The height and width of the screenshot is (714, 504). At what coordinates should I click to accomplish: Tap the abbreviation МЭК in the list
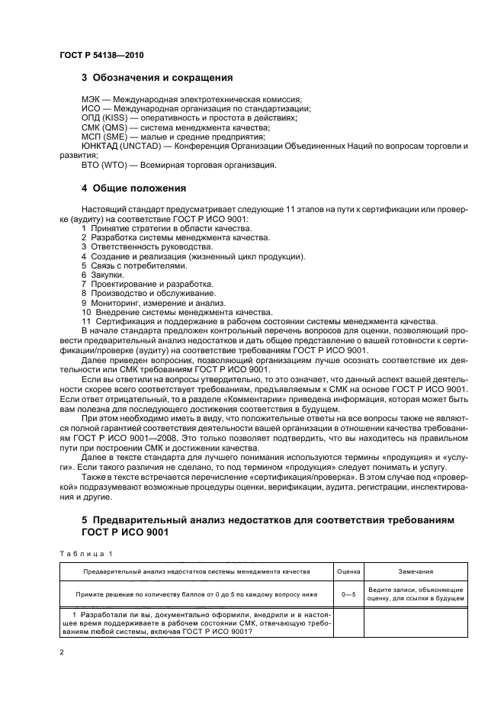pos(90,99)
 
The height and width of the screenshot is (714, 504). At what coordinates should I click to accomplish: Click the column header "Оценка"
pos(348,570)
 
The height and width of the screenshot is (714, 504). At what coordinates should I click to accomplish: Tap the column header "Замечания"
pos(416,570)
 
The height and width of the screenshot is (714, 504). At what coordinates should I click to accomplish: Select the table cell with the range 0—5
pos(348,594)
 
